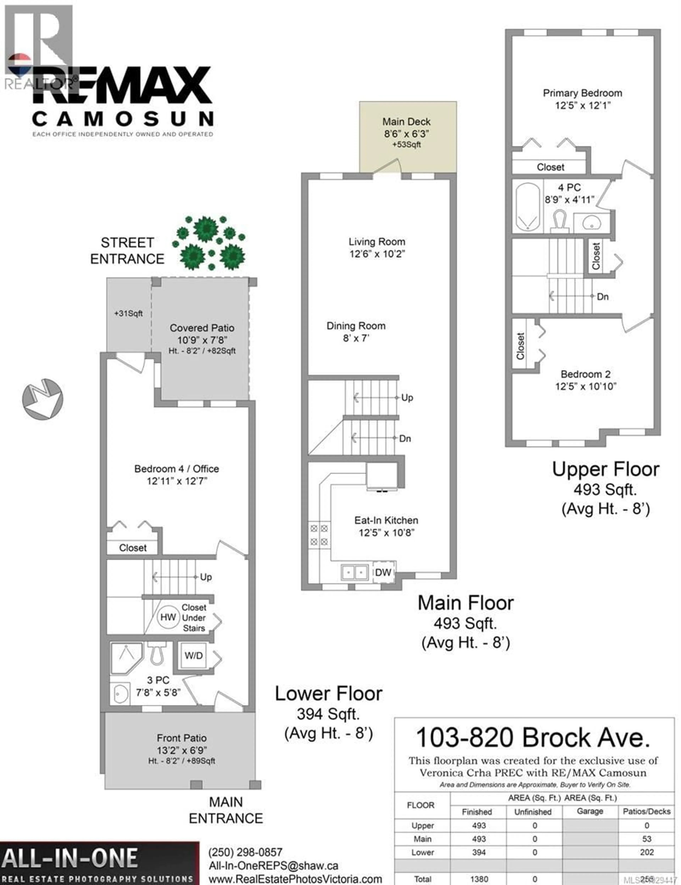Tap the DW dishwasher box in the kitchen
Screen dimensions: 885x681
383,572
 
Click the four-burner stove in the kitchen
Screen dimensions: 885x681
319,535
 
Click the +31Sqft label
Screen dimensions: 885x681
128,313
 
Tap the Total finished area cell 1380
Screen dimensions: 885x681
479,879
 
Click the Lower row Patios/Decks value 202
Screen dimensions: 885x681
647,852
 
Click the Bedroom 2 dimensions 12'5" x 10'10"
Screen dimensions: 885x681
585,386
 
